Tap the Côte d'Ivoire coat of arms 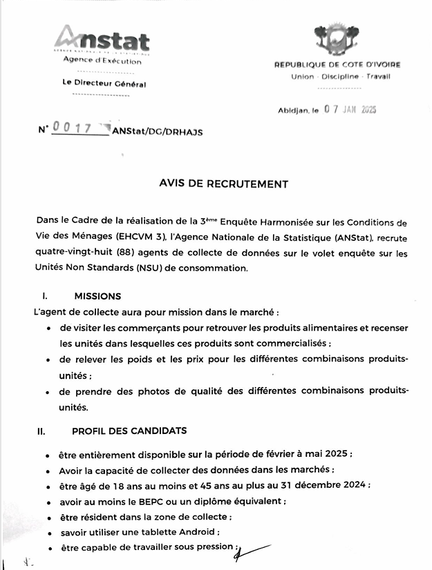[337, 39]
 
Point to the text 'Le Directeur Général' [104, 84]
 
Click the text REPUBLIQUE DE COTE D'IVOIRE [337, 65]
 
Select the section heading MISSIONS [97, 296]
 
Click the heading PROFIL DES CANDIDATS [129, 431]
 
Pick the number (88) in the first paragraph [153, 253]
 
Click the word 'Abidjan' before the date [292, 110]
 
